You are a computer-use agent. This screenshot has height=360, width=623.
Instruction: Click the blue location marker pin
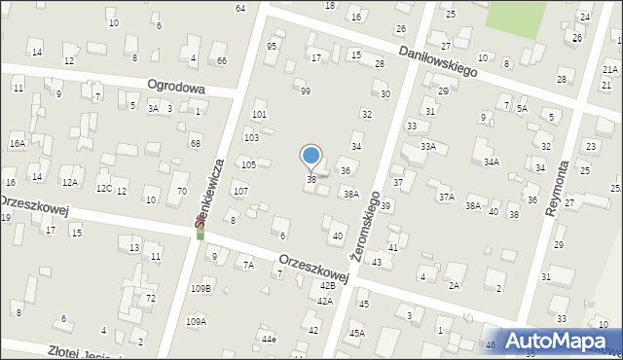(x=311, y=156)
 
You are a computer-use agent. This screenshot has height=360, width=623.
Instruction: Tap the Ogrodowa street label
(x=176, y=87)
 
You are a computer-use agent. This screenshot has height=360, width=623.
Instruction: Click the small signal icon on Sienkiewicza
(x=201, y=231)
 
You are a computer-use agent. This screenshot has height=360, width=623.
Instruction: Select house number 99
(x=306, y=90)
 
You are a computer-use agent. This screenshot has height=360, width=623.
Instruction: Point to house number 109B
(x=201, y=289)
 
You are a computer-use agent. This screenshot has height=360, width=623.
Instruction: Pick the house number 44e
(x=268, y=339)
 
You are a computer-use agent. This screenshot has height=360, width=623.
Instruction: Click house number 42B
(x=328, y=285)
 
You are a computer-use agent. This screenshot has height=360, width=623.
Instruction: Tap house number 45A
(x=357, y=333)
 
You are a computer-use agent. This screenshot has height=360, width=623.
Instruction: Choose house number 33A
(x=428, y=146)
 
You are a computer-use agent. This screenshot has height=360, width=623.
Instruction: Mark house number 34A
(x=492, y=162)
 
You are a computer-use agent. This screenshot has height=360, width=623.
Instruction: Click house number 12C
(x=103, y=188)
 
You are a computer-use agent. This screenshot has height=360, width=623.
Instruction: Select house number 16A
(x=17, y=143)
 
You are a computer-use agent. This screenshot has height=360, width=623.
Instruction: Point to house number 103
(x=251, y=138)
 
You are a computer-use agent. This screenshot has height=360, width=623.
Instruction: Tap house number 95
(x=272, y=46)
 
